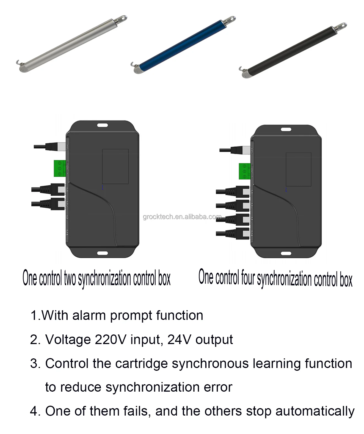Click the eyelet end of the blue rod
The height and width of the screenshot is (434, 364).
(230, 20)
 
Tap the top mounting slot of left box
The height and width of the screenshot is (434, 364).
(102, 125)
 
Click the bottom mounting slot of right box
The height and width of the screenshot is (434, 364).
(286, 253)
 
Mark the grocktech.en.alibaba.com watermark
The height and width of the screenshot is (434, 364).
(182, 217)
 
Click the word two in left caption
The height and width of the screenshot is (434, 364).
(70, 278)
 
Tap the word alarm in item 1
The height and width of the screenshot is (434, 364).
(89, 315)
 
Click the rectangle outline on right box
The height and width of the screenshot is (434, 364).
(298, 169)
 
